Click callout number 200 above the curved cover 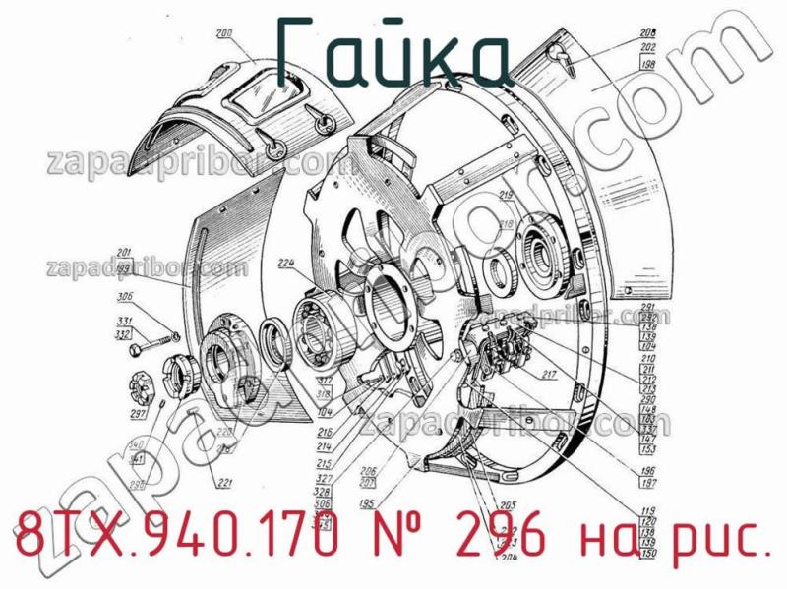tap(224, 35)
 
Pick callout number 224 tap(286, 263)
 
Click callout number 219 tap(506, 197)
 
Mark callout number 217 tap(548, 374)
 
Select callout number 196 tap(648, 472)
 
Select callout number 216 tap(323, 431)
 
